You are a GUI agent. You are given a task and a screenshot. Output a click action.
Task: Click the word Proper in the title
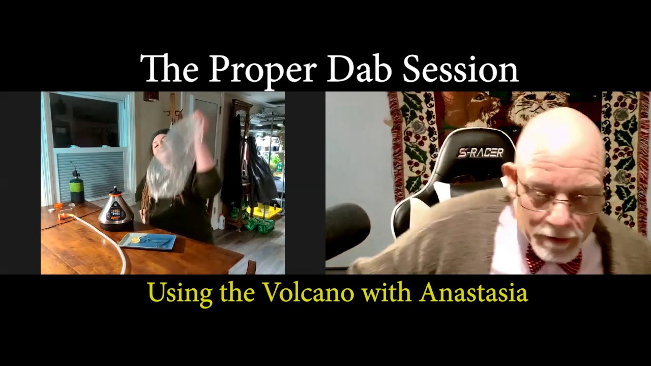(x=262, y=69)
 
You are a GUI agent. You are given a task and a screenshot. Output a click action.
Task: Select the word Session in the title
(x=460, y=69)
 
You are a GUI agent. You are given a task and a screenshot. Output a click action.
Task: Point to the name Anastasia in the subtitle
(x=474, y=292)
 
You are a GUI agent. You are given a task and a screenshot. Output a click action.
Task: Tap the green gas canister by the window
(x=77, y=188)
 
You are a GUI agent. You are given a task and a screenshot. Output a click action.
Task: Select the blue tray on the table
(x=147, y=241)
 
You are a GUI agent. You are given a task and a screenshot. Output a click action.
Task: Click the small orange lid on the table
(x=58, y=206)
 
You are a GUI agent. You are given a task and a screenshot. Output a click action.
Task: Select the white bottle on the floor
(x=222, y=222)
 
